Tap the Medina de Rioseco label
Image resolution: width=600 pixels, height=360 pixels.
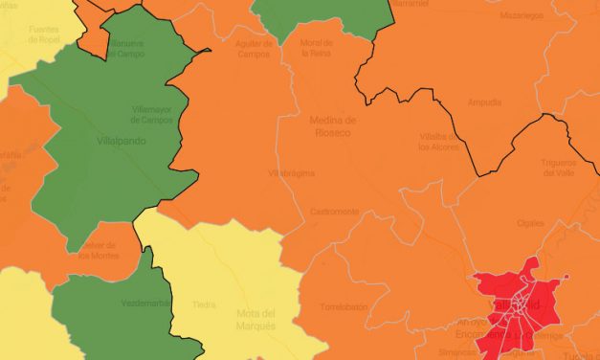(333, 125)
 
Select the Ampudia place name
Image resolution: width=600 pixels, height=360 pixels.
(483, 102)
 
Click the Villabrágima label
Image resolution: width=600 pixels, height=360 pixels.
(292, 173)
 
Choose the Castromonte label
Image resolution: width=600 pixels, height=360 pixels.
(333, 211)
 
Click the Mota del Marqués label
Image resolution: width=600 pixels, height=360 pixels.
(256, 319)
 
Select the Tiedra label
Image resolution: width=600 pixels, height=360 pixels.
(204, 306)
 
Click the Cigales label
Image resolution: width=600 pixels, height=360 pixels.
(556, 222)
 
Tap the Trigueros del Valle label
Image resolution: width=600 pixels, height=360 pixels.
(562, 169)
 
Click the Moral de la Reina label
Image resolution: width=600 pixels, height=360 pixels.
(317, 49)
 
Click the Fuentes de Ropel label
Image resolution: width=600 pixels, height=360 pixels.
(43, 34)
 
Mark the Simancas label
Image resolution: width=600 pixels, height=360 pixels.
(456, 352)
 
